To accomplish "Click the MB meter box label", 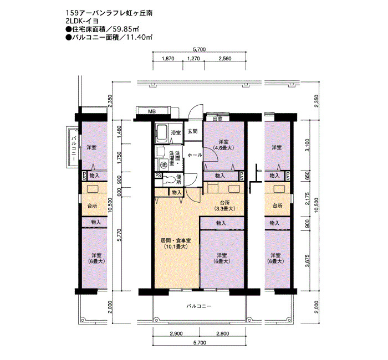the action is (x=152, y=111).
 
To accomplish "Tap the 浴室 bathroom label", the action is (x=176, y=133).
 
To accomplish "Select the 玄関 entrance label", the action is (x=192, y=131).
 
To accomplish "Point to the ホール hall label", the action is (x=195, y=155).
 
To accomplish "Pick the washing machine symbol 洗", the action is (x=164, y=164).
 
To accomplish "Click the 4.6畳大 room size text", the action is (x=223, y=148).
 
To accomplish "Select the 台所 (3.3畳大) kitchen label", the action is (x=224, y=205).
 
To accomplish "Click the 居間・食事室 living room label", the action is (x=176, y=240).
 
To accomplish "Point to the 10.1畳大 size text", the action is (x=176, y=246).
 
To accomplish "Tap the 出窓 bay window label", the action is (x=217, y=119).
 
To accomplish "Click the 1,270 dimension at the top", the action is (x=194, y=59).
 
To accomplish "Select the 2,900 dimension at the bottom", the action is (x=176, y=334).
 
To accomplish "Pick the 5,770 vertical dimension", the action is (x=120, y=235).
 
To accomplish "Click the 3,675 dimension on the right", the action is (x=307, y=261).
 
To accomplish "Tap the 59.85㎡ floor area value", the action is (x=125, y=29).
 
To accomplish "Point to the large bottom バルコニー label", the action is (x=199, y=306).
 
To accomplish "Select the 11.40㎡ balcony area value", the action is (x=139, y=37).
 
